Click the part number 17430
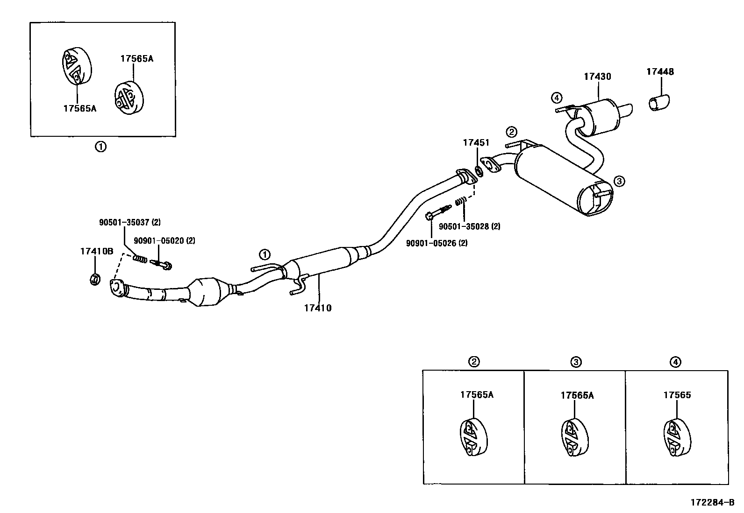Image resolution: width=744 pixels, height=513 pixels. click(x=597, y=76)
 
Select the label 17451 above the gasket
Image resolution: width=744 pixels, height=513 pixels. click(x=476, y=142)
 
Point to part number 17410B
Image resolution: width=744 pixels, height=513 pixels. click(x=96, y=251)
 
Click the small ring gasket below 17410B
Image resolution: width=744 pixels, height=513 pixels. click(x=94, y=280)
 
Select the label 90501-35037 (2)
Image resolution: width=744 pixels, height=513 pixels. click(x=129, y=223)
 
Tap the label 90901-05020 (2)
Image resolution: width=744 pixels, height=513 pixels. click(x=164, y=241)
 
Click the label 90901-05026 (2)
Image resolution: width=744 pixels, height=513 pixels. click(x=436, y=243)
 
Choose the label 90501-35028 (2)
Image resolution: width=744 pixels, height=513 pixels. click(x=469, y=226)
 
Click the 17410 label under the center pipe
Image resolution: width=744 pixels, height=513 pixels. click(x=317, y=308)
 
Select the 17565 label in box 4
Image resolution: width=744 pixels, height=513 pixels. click(x=677, y=395)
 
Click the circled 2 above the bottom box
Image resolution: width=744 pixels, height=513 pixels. click(x=474, y=361)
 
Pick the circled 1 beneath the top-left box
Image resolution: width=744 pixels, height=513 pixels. click(x=100, y=147)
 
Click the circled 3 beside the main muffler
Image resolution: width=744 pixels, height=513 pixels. click(x=618, y=181)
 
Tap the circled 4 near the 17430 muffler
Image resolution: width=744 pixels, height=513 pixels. click(x=556, y=98)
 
